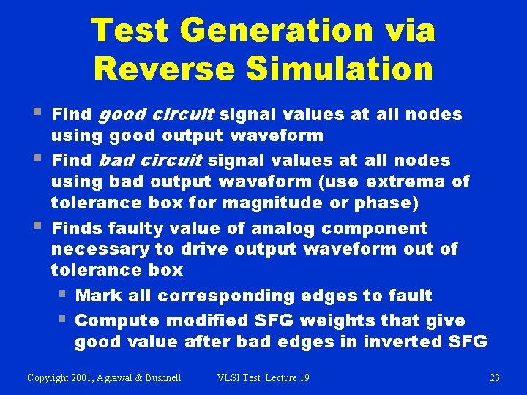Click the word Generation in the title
click(276, 31)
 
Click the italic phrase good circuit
click(155, 114)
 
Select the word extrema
click(403, 181)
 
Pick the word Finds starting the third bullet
click(78, 228)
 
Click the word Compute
click(117, 320)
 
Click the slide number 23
click(494, 377)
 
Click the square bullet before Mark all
click(62, 296)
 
